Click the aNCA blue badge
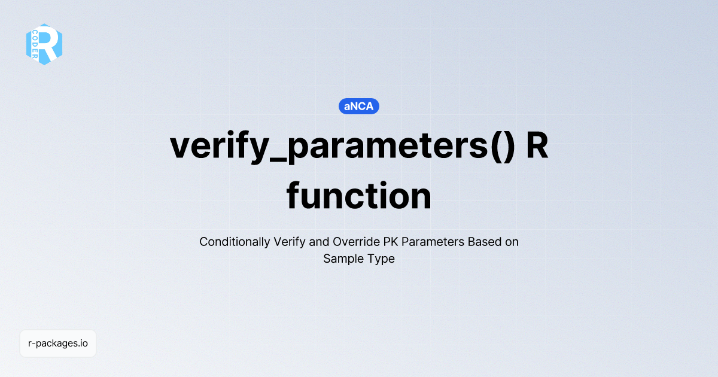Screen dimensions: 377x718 click(x=359, y=107)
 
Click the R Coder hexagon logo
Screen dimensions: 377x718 click(x=44, y=44)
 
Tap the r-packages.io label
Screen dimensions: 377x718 click(x=58, y=343)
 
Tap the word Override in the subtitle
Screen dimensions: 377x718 click(x=350, y=242)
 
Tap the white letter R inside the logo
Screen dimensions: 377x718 click(x=50, y=43)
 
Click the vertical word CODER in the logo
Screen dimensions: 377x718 click(x=35, y=44)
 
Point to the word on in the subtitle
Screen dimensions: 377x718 click(x=512, y=242)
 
